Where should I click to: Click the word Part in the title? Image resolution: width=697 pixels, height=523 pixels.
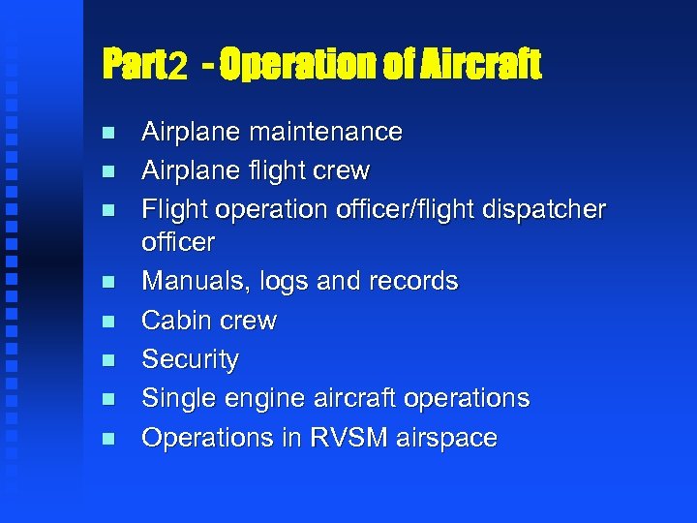coord(134,66)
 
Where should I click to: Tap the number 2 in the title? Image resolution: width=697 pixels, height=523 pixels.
coord(177,68)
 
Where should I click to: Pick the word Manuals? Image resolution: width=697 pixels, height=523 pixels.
coord(190,282)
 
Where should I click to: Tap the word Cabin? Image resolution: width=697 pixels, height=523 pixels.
coord(175,321)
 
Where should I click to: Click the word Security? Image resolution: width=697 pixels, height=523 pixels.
coord(190,360)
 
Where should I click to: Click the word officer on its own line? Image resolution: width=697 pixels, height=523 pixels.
coord(178,242)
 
